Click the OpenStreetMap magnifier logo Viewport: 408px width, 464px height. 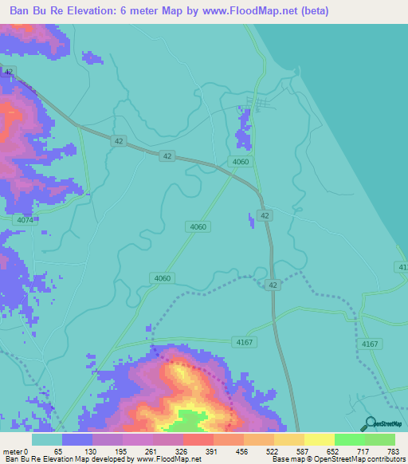click(x=368, y=423)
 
